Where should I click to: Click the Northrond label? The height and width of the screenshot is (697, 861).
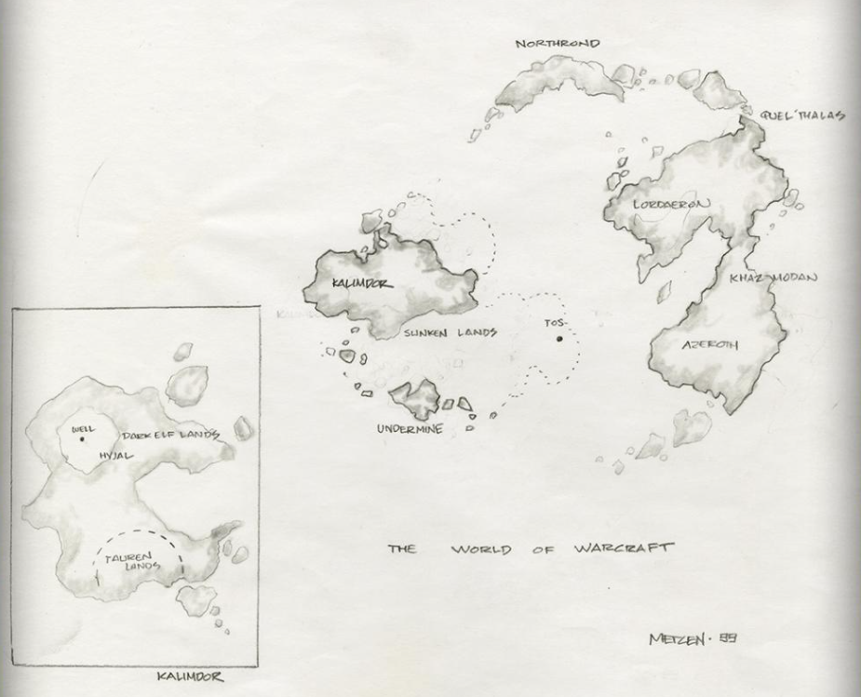(558, 44)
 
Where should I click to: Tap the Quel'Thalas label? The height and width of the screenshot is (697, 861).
(803, 115)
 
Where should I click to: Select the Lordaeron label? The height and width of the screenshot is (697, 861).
(672, 204)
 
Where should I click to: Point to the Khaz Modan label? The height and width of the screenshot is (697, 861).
(774, 278)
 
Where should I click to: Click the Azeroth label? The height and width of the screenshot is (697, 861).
(710, 345)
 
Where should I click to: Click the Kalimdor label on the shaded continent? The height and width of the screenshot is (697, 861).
(362, 283)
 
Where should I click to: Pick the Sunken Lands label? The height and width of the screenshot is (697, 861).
(450, 332)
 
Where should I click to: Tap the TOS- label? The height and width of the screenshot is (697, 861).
(555, 323)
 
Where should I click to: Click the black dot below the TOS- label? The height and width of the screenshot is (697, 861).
(559, 339)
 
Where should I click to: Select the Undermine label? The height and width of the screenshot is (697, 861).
(410, 430)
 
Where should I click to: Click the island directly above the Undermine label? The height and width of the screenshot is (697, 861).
(415, 398)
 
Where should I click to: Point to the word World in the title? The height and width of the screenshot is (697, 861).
(482, 549)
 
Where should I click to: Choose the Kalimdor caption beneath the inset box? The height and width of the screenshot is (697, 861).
(190, 677)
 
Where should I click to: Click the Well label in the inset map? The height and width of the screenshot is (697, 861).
(83, 429)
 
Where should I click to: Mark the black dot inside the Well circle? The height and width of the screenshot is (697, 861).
(82, 439)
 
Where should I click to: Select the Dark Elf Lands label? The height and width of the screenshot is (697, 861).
(170, 435)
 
